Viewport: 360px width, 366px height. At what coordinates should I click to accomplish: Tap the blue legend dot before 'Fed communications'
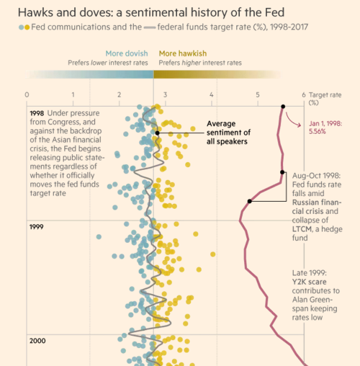22,27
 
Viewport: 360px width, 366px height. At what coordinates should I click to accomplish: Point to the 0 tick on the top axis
27,94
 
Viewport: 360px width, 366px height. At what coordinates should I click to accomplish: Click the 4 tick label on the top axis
212,94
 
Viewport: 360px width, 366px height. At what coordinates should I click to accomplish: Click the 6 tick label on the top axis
304,94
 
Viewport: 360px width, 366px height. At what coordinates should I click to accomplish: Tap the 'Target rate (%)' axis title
325,98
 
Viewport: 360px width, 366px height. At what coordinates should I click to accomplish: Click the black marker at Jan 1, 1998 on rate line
282,107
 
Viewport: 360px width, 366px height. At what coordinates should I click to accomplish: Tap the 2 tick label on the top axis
119,94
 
